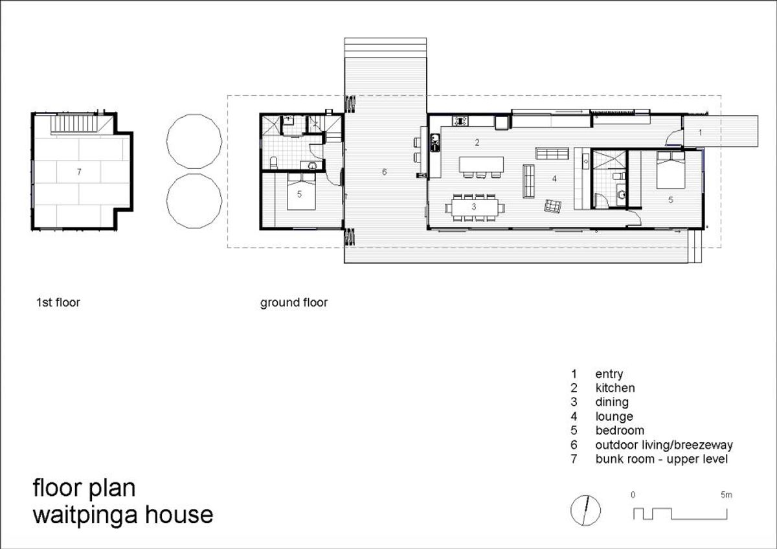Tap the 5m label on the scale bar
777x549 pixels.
[726, 495]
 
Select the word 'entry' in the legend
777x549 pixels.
[609, 374]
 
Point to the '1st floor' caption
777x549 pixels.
[58, 302]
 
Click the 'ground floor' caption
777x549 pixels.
[294, 303]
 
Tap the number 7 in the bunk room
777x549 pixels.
[79, 172]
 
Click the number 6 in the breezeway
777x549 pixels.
[384, 172]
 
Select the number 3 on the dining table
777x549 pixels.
[474, 207]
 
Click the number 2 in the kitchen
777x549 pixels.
[477, 142]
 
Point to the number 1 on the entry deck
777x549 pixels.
[700, 133]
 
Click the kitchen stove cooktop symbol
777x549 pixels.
[460, 121]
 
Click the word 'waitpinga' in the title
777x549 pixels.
[85, 516]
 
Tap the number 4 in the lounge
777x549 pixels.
[554, 179]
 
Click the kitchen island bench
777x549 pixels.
[482, 164]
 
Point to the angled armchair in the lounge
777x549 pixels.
[552, 206]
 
